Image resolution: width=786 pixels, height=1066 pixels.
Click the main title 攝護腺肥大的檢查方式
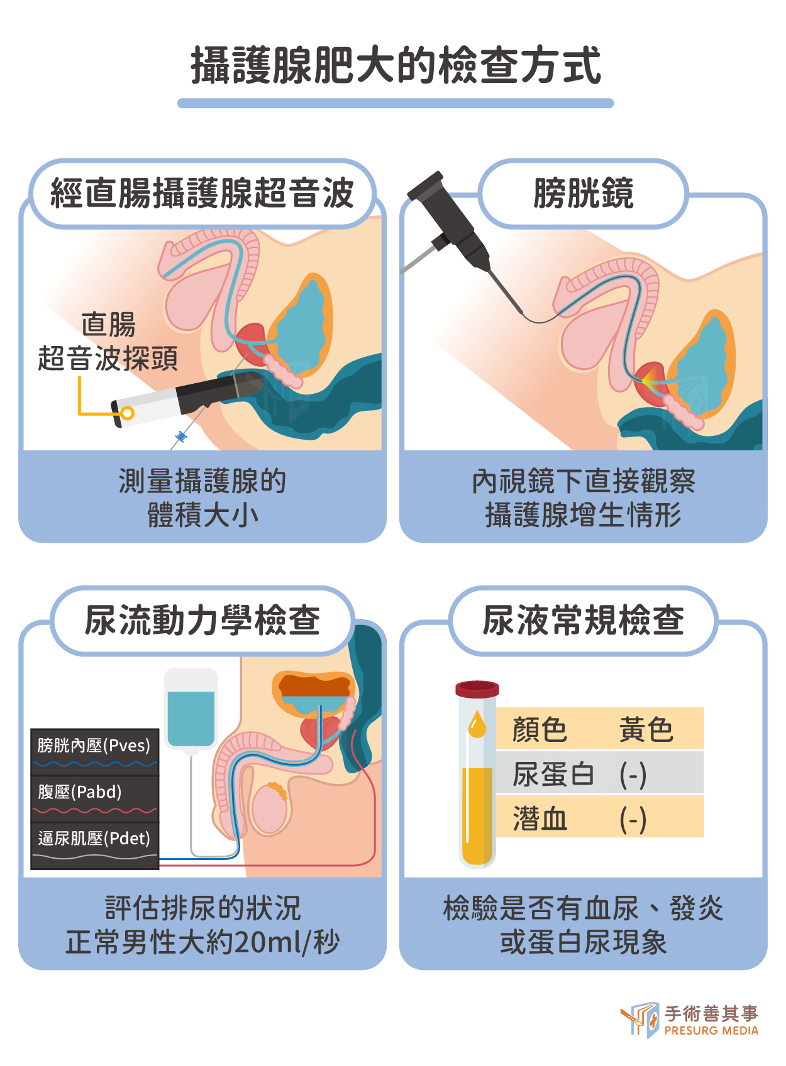tap(396, 65)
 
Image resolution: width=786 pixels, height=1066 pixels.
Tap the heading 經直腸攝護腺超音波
tap(202, 193)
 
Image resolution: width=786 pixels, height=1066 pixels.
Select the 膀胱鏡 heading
tap(583, 193)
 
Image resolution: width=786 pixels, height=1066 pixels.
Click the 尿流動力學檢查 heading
tap(202, 620)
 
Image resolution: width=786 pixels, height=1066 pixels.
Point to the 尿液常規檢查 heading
tap(583, 620)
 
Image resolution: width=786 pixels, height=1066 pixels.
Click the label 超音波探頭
tap(108, 358)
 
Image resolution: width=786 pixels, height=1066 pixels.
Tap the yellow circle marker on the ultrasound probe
tap(128, 413)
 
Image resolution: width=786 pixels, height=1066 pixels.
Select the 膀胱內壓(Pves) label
tap(94, 746)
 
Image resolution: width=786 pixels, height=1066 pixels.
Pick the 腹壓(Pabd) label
tap(80, 791)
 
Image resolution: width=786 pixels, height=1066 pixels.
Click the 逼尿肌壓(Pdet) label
tap(94, 838)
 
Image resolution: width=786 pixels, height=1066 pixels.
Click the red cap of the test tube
tap(477, 688)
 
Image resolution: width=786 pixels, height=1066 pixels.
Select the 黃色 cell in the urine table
tap(646, 729)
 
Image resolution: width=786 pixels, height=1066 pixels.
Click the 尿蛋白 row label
tap(553, 774)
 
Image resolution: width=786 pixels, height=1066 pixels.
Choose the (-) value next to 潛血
tap(633, 820)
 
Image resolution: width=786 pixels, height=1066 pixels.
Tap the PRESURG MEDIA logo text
tap(711, 1031)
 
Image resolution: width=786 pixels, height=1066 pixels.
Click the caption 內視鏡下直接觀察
tap(583, 482)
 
